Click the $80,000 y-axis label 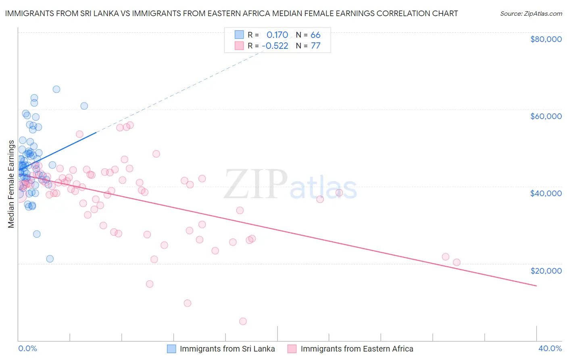coord(546,39)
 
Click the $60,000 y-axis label coord(546,116)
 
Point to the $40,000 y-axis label coord(546,193)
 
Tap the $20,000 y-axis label coord(546,271)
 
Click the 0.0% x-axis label coord(27,348)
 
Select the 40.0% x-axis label coord(550,348)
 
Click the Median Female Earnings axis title coord(11,184)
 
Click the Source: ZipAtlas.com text coord(531,14)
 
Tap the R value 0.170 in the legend coord(277,35)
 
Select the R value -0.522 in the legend coord(275,46)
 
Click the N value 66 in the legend coord(315,35)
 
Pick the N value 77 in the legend coord(315,46)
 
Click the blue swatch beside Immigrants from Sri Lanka coord(171,349)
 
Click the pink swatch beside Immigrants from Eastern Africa coord(292,349)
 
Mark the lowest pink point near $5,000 coord(243,321)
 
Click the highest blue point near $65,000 coord(56,89)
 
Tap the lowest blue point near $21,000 coord(50,259)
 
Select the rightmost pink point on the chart coord(457,262)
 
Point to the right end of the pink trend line coord(536,286)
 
